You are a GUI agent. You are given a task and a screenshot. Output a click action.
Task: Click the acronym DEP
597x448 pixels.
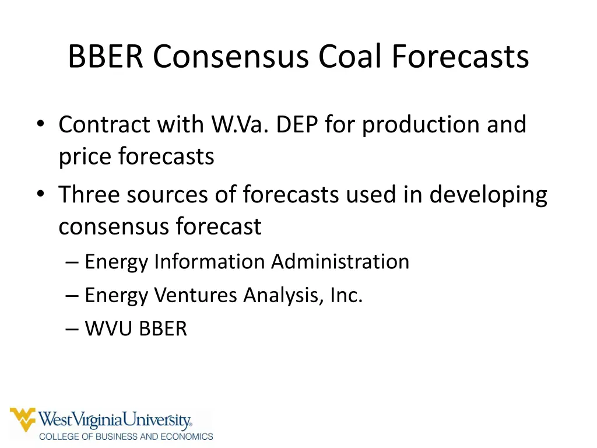(x=297, y=125)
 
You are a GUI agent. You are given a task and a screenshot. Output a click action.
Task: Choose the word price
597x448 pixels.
(x=85, y=157)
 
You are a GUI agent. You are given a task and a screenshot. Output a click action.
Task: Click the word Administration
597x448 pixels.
(x=340, y=261)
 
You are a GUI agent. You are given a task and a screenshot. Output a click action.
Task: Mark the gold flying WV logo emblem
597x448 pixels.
(x=23, y=419)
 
